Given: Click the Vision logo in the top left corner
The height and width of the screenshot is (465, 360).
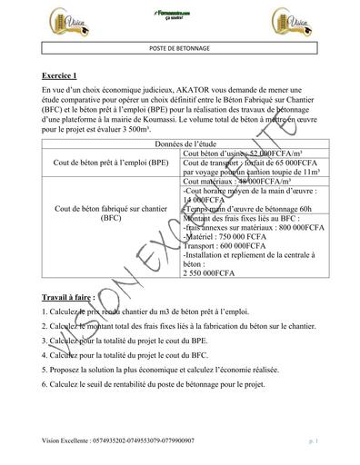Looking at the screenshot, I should [55, 19].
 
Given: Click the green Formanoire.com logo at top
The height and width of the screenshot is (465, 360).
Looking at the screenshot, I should [180, 13].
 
